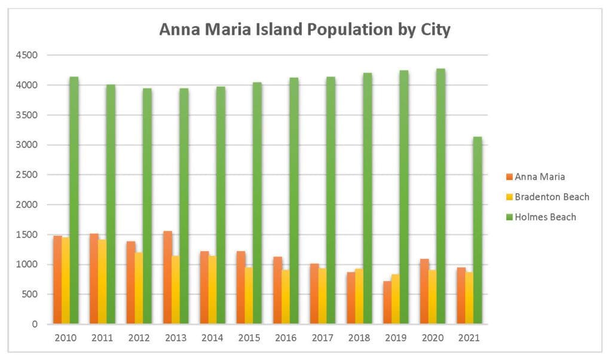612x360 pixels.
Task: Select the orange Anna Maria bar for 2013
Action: [167, 277]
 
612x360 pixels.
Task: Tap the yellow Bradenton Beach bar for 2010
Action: [66, 280]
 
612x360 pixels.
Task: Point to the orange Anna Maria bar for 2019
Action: [387, 303]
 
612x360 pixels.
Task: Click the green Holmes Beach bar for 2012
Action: [147, 206]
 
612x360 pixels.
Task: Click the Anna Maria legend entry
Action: [535, 176]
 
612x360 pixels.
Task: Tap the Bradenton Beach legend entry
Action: [547, 197]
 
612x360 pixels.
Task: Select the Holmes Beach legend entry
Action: [540, 217]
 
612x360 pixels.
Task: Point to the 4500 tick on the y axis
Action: [27, 56]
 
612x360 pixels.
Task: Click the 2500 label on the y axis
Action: [27, 175]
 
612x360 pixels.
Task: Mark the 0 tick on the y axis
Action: [35, 324]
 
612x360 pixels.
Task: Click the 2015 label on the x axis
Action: [249, 338]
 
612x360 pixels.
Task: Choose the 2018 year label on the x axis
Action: [359, 338]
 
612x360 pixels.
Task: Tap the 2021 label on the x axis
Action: [469, 338]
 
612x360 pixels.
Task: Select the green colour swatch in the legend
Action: [509, 217]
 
